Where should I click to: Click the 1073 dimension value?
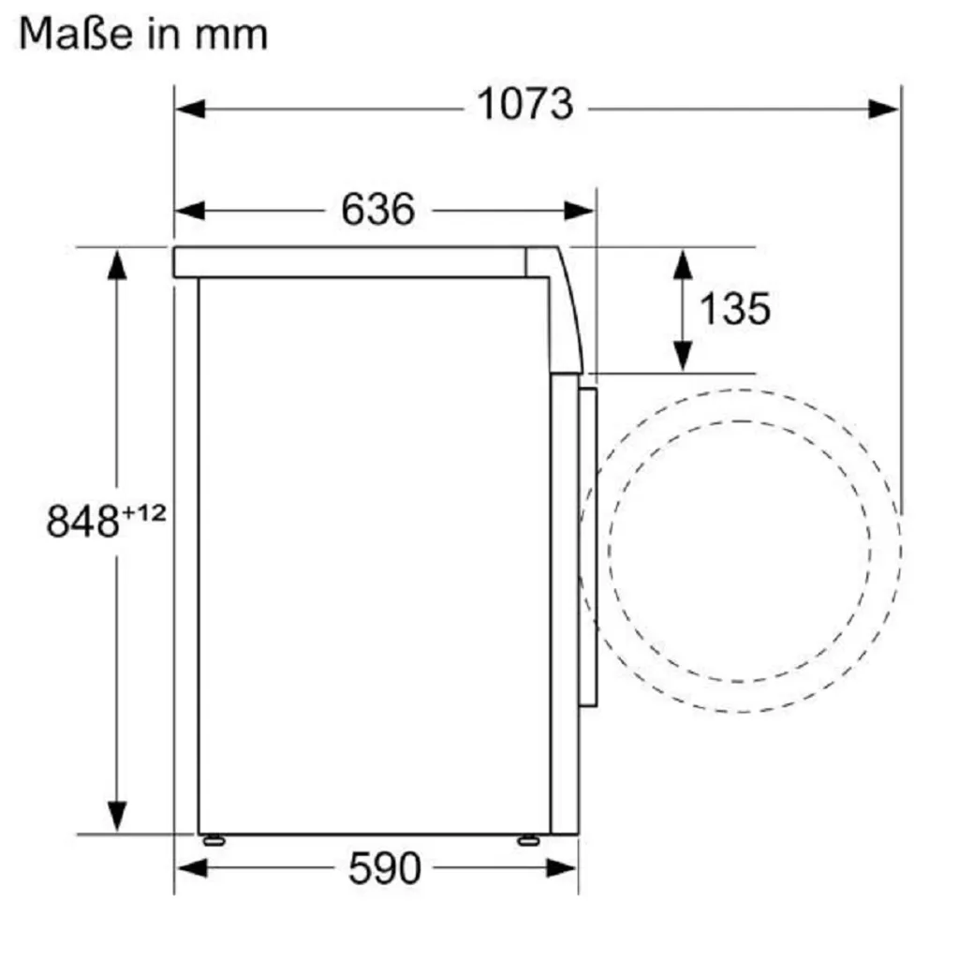point(525,104)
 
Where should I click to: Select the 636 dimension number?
point(378,209)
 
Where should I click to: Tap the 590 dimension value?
point(385,868)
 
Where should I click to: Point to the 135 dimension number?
point(734,309)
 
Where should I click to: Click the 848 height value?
point(82,522)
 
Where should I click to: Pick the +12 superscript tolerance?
point(143,512)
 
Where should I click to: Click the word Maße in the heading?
point(76,34)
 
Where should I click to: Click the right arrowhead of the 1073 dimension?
point(884,110)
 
